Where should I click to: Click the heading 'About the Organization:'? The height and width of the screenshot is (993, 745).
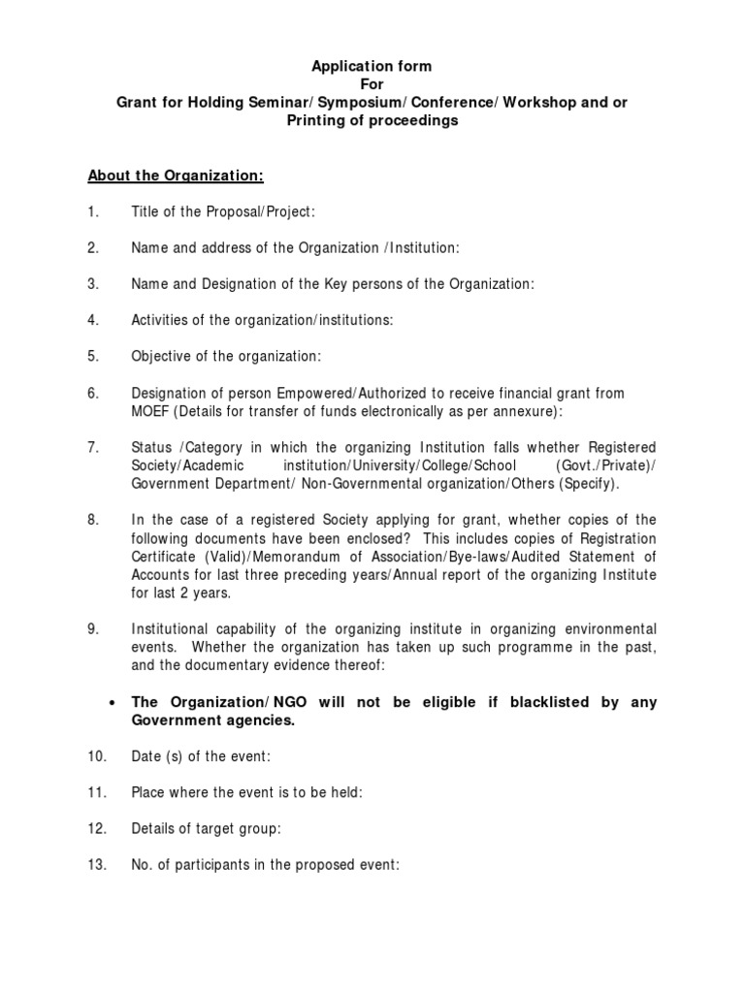click(176, 176)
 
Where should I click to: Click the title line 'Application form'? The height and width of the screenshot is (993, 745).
click(372, 66)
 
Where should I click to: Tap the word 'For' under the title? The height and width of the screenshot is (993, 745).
click(372, 84)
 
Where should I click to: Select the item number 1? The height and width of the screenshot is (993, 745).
click(93, 212)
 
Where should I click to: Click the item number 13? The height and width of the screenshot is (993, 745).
click(96, 865)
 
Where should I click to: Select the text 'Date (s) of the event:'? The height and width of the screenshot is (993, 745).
click(200, 755)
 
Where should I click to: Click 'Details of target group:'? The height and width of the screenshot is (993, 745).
click(207, 828)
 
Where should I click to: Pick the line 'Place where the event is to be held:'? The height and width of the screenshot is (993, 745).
click(247, 792)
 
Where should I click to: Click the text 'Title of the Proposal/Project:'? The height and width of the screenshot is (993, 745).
click(223, 212)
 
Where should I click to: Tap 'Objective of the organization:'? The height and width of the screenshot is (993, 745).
click(226, 356)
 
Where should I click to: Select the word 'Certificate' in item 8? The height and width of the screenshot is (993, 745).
click(165, 557)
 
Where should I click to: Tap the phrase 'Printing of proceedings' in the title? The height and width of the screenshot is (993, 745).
click(372, 121)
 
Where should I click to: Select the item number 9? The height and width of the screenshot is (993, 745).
click(93, 628)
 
